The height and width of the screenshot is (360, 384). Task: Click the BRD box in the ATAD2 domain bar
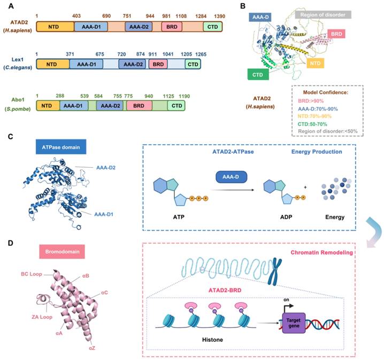172,27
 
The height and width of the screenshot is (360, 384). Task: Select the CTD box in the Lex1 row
193,64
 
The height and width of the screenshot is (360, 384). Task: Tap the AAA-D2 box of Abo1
110,106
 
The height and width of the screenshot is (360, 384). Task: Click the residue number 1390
219,16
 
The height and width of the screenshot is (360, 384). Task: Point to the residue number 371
70,54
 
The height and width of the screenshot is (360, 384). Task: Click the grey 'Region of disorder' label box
323,14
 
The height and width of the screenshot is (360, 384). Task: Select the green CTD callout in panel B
258,75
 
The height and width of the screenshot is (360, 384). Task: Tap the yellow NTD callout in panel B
315,64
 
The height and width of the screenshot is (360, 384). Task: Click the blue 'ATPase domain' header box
61,147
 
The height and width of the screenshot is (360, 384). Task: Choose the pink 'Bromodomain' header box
62,252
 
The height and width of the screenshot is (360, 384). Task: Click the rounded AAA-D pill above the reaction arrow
231,177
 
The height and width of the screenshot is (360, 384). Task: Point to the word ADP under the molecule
286,217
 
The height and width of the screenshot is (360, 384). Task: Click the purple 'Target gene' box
294,323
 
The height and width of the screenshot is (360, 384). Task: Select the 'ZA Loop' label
42,317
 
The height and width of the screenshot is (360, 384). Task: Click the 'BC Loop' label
32,274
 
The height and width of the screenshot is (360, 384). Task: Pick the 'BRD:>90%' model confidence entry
311,101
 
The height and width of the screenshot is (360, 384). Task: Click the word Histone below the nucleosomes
212,340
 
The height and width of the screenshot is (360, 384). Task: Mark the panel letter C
10,136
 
